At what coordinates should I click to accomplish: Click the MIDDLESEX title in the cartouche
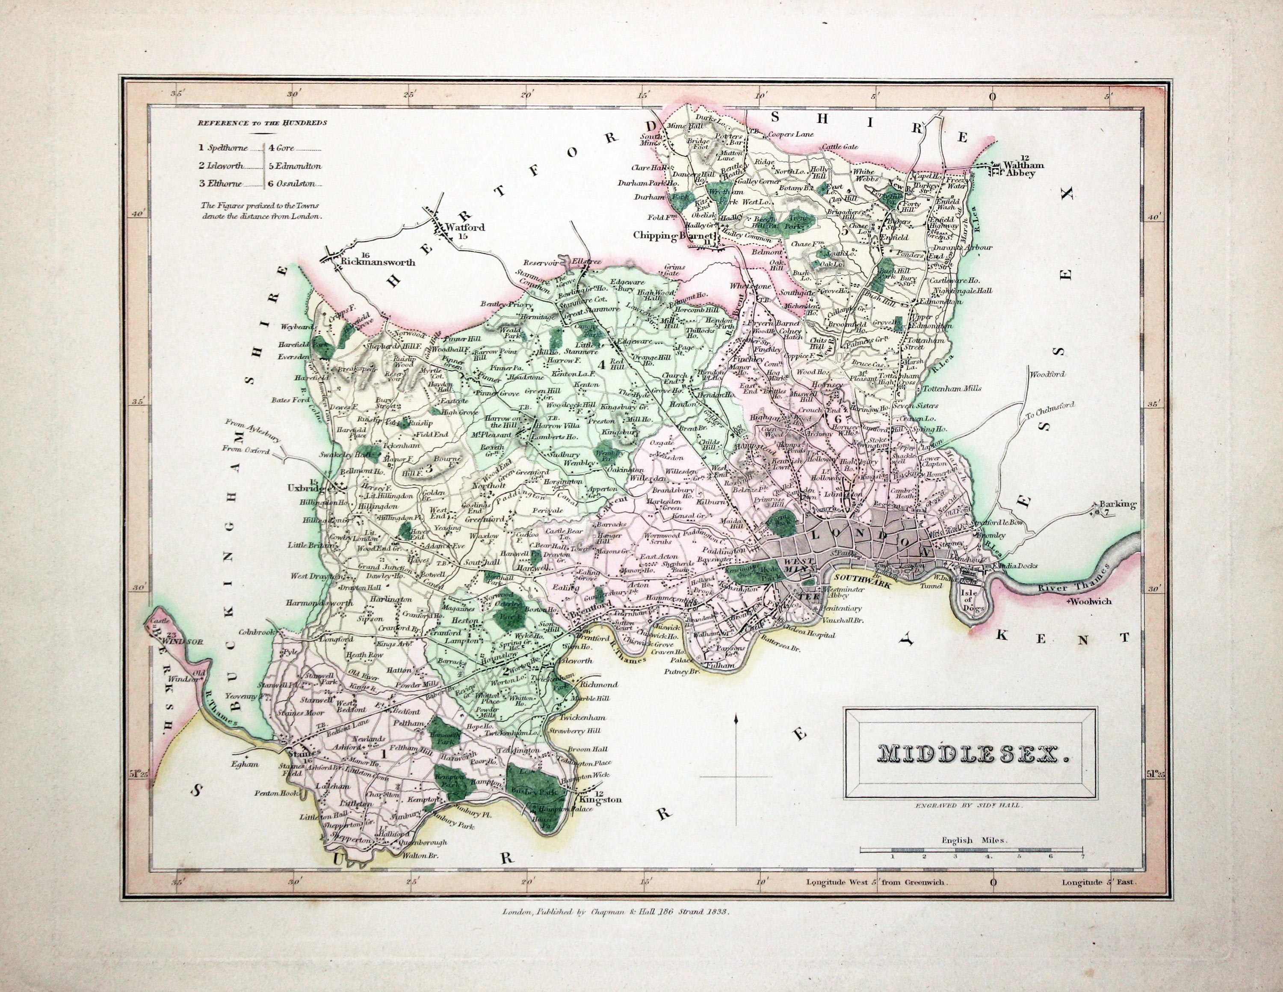click(970, 754)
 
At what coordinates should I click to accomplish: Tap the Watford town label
click(465, 227)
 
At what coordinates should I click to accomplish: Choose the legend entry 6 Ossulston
click(295, 183)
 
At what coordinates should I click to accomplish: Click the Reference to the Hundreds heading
click(262, 123)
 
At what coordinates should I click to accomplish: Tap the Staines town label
click(303, 752)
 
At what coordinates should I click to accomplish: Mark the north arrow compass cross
click(736, 776)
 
